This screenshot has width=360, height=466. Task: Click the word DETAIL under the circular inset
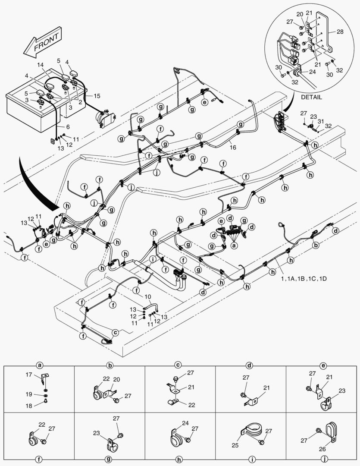point(311,97)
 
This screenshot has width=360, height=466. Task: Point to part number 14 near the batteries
point(40,65)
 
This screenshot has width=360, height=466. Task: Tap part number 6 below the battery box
point(68,126)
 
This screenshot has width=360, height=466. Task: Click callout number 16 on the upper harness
point(232,147)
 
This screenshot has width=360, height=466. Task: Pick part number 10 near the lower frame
point(148,296)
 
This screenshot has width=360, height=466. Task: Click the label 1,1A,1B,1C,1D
point(305,279)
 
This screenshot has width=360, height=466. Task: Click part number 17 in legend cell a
point(28,375)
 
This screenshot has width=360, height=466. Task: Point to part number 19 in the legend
point(28,395)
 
